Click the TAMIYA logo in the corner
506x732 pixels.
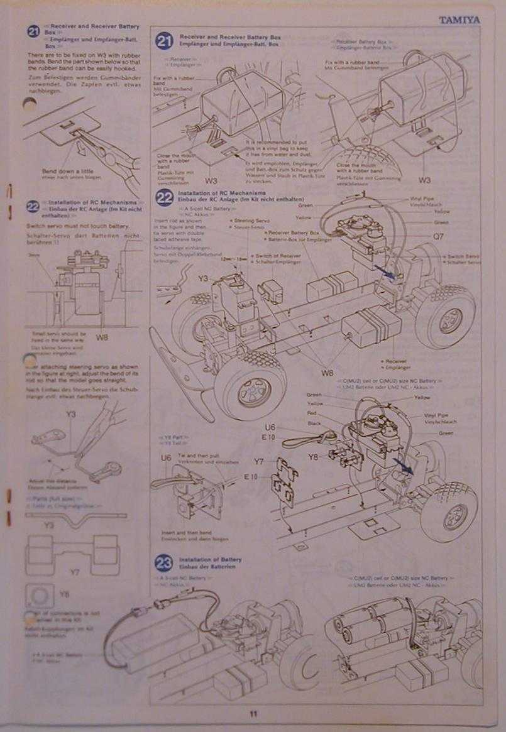point(459,19)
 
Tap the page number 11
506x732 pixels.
point(253,713)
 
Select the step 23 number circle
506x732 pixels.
point(164,563)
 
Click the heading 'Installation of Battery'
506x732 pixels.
point(210,559)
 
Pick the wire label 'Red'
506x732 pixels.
point(312,413)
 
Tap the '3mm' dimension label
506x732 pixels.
point(34,256)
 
